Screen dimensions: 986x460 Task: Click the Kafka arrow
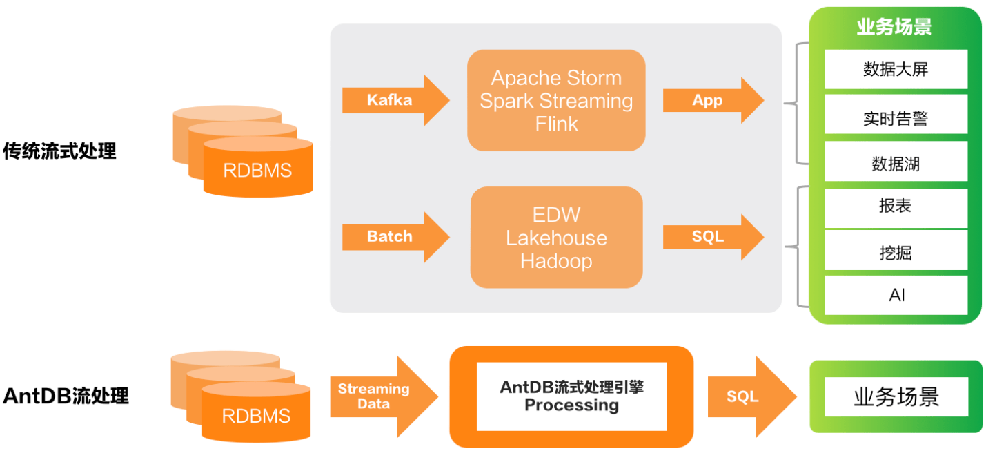pyautogui.click(x=395, y=100)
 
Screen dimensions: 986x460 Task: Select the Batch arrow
pyautogui.click(x=395, y=237)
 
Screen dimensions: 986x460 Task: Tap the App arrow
pyautogui.click(x=713, y=100)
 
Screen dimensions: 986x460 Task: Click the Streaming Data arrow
pyautogui.click(x=384, y=396)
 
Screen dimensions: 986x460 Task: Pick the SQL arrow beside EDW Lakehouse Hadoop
pyautogui.click(x=713, y=237)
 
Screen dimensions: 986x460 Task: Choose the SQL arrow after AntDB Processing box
pyautogui.click(x=752, y=396)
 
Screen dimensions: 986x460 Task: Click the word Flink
pyautogui.click(x=556, y=124)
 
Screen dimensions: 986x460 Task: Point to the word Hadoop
pyautogui.click(x=556, y=261)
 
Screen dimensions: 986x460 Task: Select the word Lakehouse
pyautogui.click(x=556, y=238)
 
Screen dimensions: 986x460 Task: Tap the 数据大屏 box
pyautogui.click(x=896, y=69)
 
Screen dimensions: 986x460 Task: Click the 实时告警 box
pyautogui.click(x=896, y=114)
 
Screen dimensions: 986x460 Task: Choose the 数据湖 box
pyautogui.click(x=896, y=161)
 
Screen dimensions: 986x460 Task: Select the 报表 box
pyautogui.click(x=896, y=208)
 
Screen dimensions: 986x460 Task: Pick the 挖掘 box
pyautogui.click(x=896, y=250)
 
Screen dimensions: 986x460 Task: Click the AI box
pyautogui.click(x=896, y=295)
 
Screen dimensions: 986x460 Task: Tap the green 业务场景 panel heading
pyautogui.click(x=894, y=27)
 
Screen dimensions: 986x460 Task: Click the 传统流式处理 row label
pyautogui.click(x=60, y=151)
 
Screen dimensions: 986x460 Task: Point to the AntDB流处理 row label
pyautogui.click(x=66, y=396)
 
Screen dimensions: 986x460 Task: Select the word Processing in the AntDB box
pyautogui.click(x=571, y=405)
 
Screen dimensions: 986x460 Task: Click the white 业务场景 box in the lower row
pyautogui.click(x=896, y=396)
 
